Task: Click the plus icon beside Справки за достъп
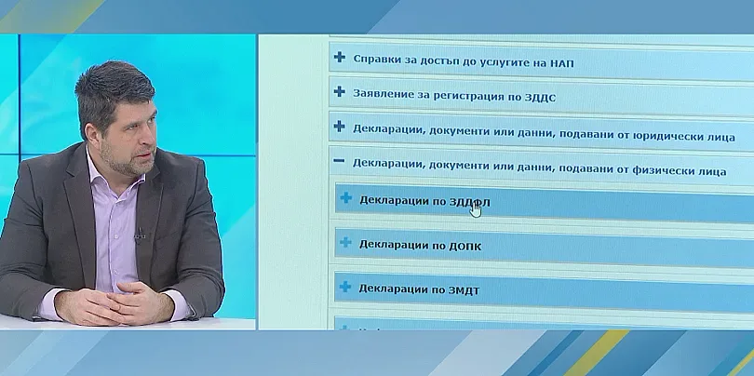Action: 340,58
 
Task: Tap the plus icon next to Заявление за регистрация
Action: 340,93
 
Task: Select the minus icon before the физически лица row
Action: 340,162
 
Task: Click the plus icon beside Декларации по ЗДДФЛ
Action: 345,198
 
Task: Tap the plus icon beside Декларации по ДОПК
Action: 345,244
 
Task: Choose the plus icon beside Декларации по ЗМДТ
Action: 345,288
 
